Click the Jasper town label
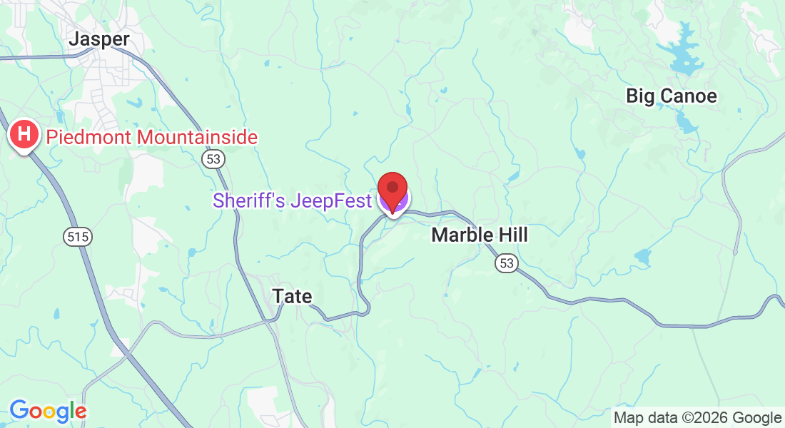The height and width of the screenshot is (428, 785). [x=98, y=39]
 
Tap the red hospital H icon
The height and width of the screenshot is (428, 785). [x=24, y=134]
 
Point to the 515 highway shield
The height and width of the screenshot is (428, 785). [x=78, y=237]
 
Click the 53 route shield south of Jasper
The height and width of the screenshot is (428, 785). [x=213, y=158]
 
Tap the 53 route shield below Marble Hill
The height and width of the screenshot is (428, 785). [x=506, y=264]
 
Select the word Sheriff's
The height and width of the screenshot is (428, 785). [x=244, y=201]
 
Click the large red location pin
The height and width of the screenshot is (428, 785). [x=392, y=190]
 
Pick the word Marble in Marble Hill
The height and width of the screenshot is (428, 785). [x=461, y=235]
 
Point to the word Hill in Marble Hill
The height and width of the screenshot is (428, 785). [x=512, y=235]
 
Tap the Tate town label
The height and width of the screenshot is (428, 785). [x=293, y=296]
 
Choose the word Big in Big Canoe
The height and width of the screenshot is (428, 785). [x=639, y=96]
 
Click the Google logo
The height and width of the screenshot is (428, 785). [x=48, y=411]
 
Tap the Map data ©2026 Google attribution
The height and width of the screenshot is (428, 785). [x=698, y=418]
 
